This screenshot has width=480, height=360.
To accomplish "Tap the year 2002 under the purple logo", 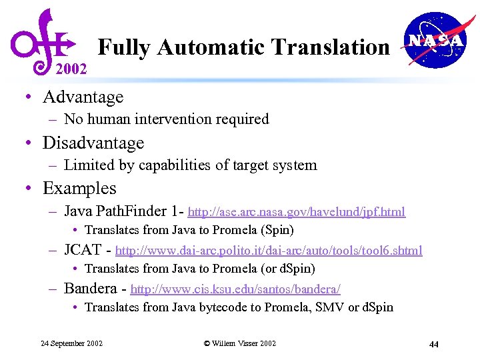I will coord(71,69).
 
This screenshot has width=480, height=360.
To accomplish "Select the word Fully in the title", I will coord(126,47).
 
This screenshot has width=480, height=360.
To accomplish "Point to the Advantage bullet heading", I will coord(83,97).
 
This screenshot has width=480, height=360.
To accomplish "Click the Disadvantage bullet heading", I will coord(93,143).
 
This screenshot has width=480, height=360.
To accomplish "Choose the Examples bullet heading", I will coord(79,189).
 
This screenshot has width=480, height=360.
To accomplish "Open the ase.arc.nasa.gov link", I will coord(297,213).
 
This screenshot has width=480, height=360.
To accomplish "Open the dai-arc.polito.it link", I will coord(269,251).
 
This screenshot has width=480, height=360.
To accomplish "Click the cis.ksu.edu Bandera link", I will coord(235,290).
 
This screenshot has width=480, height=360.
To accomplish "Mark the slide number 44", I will coord(433,344).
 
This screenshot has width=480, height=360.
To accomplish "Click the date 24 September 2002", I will coord(71,343).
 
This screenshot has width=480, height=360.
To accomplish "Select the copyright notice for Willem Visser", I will coord(239,343).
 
